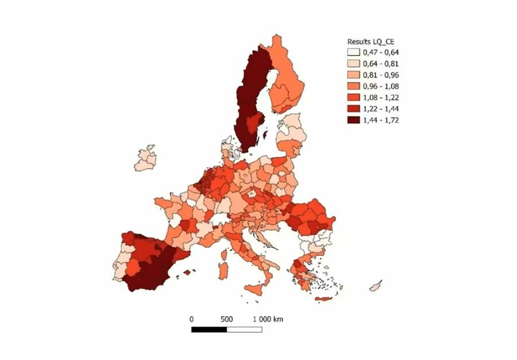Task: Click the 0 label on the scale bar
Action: tap(191, 319)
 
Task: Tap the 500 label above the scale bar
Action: tap(226, 319)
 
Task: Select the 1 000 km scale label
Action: tap(268, 319)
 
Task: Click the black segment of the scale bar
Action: tap(209, 330)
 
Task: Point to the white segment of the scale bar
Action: tap(244, 330)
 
